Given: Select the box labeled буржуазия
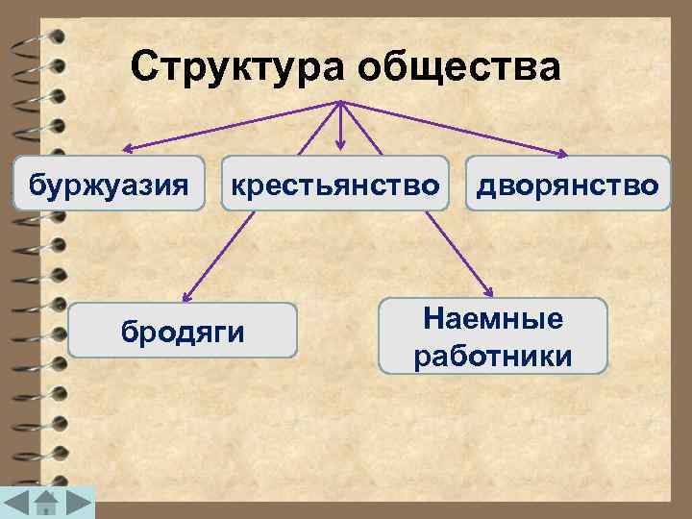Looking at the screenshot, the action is (110, 183).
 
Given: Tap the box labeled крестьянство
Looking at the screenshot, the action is (334, 183).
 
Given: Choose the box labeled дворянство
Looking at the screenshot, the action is (568, 183).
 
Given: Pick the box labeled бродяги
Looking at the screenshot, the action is (183, 331).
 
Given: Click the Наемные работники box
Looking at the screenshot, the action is (493, 335).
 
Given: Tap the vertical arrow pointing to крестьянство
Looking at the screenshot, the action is (340, 125).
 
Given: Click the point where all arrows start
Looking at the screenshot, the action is (340, 102).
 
